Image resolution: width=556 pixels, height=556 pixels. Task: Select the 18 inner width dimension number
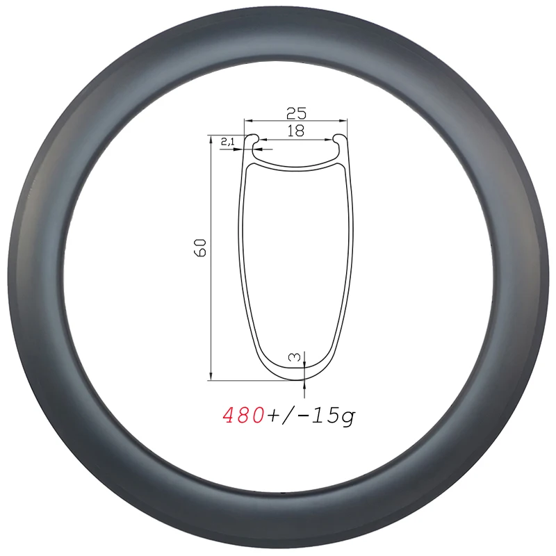(296, 131)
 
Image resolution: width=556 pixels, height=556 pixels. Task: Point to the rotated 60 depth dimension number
(202, 247)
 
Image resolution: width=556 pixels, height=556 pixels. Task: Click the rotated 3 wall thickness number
(295, 358)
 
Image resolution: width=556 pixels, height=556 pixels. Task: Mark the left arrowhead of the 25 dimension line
(247, 120)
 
